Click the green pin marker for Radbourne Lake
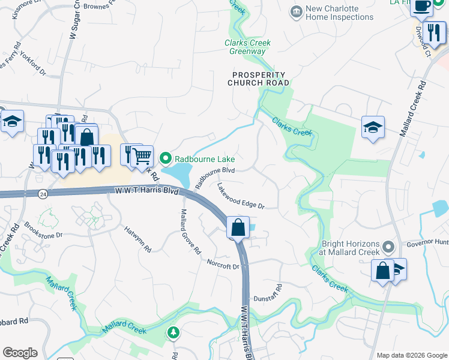point(166,158)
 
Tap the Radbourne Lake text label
point(204,159)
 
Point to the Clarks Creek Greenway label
point(247,47)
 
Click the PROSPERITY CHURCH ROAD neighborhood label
point(261,79)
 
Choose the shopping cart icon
point(142,157)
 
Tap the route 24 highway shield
point(43,194)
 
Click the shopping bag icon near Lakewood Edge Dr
point(238,228)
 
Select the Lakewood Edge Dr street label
point(241,196)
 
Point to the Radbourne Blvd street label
point(214,178)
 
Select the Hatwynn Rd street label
point(137,238)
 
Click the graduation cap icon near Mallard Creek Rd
point(373,127)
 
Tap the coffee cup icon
point(421,6)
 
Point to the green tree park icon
point(173,331)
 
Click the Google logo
point(20,353)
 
